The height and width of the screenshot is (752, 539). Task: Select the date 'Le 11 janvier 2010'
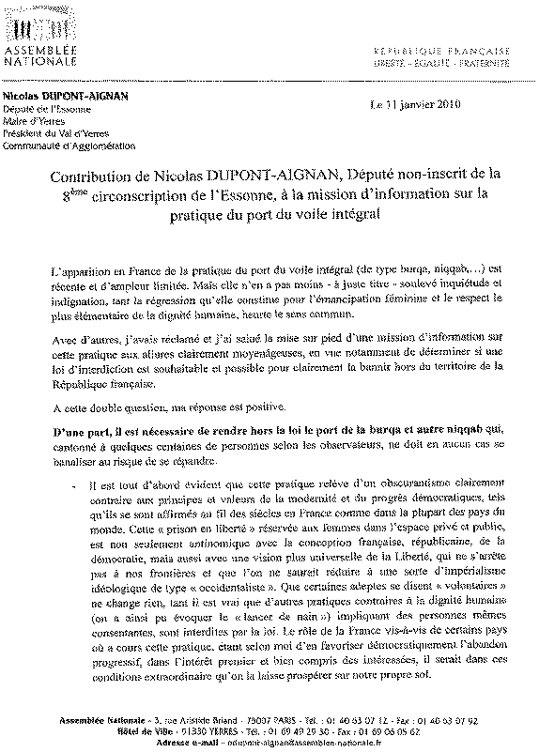[416, 104]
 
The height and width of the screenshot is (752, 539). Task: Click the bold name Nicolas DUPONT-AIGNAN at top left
[65, 96]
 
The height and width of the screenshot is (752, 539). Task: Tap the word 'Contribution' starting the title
[89, 176]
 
